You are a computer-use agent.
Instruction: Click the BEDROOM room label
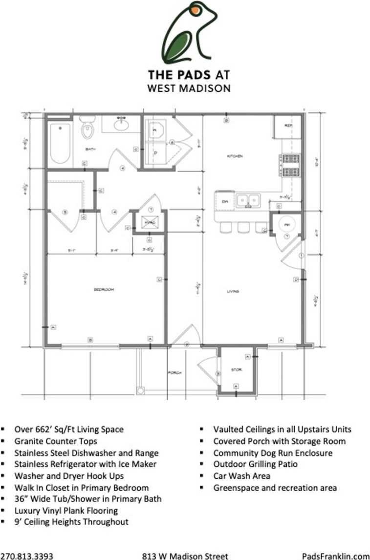103,290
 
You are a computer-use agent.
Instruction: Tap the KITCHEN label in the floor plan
234,156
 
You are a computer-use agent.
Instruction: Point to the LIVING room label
232,292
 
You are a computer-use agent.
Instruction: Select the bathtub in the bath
60,143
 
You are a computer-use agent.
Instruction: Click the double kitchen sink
248,200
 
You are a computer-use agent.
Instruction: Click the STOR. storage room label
236,370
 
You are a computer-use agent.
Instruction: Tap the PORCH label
175,373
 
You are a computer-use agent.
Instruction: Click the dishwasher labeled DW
225,201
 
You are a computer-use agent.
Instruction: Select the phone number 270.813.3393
27,556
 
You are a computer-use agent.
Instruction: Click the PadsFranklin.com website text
335,556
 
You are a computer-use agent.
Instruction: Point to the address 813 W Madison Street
185,556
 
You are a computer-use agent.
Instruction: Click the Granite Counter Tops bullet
56,441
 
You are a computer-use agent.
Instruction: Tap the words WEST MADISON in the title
189,88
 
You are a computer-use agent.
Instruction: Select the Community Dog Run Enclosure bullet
273,452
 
